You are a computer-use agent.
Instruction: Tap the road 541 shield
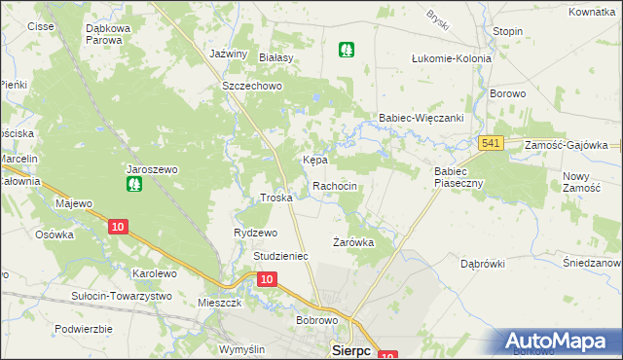pos(492,144)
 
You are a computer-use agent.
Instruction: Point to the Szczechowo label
pos(251,86)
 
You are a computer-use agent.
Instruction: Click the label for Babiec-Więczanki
pos(421,118)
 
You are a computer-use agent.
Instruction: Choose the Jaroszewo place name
pos(152,168)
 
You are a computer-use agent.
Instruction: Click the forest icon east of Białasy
pos(346,49)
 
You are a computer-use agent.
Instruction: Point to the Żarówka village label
pos(353,242)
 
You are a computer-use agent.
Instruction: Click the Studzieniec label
pos(280,256)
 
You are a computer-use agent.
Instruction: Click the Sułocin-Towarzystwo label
pos(122,296)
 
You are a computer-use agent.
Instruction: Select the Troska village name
pos(276,198)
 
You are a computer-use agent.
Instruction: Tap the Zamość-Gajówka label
pos(566,144)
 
